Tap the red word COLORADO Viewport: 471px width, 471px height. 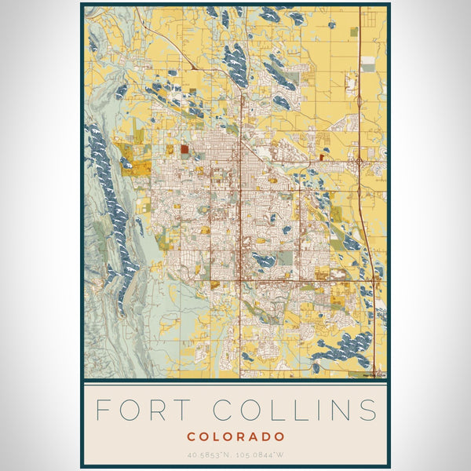tap(235, 436)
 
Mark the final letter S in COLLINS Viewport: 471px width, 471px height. tap(367, 410)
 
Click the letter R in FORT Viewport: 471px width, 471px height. tap(157, 410)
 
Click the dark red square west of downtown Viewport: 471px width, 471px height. tap(184, 148)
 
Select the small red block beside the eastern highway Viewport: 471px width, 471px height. tap(322, 157)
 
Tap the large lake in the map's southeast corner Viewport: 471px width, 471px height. tap(345, 345)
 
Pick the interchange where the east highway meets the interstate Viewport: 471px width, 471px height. tap(360, 162)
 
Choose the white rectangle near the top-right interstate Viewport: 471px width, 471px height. tap(368, 67)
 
